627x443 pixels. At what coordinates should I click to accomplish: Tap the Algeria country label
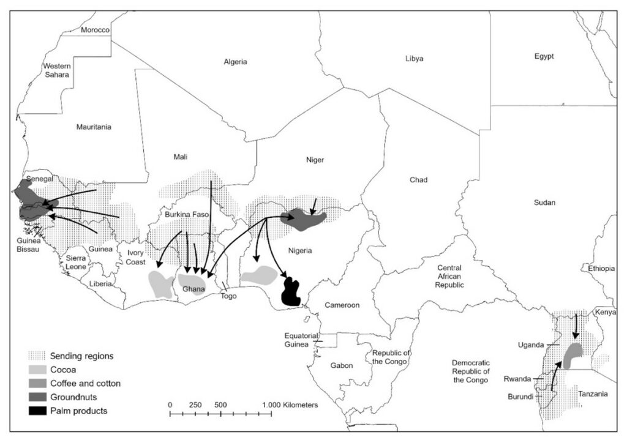(235, 62)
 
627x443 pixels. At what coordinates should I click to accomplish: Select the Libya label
(414, 59)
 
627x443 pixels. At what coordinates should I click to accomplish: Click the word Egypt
(544, 56)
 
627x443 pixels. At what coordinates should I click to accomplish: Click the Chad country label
(419, 180)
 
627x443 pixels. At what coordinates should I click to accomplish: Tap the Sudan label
(544, 203)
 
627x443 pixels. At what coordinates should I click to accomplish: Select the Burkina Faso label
(188, 215)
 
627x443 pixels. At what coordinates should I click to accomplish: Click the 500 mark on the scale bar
(221, 405)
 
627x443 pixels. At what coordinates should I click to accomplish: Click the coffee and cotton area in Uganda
(573, 355)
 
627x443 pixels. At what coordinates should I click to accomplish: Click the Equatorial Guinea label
(300, 340)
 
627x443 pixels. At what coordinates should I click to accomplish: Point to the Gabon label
(342, 365)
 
